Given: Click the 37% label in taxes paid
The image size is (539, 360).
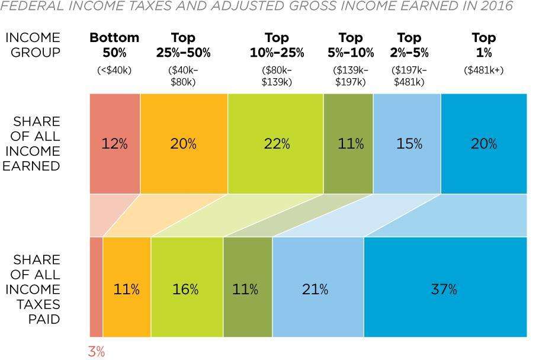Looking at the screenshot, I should (x=444, y=290).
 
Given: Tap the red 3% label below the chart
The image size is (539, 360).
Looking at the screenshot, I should (x=96, y=351).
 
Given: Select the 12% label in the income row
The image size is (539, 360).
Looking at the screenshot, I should (x=114, y=144).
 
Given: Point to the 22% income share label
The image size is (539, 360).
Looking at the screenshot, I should (x=277, y=144).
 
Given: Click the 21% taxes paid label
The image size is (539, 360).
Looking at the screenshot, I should (x=315, y=290).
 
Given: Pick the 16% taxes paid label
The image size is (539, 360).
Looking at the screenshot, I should (x=185, y=290).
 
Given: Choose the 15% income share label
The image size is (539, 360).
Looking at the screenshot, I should (x=409, y=144).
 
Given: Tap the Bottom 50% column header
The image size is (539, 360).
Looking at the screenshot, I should (x=114, y=45).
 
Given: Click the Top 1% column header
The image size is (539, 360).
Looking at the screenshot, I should (x=484, y=45).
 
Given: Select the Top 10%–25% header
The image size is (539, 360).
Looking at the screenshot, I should (x=277, y=45).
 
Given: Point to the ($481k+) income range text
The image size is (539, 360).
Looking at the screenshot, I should (x=484, y=70).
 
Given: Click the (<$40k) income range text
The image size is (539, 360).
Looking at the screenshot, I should (x=114, y=70).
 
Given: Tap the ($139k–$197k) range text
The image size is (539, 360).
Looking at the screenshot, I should (x=351, y=76).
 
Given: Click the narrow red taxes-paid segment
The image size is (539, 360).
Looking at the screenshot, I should (x=96, y=287).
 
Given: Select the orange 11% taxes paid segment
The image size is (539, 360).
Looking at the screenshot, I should (x=127, y=290).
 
